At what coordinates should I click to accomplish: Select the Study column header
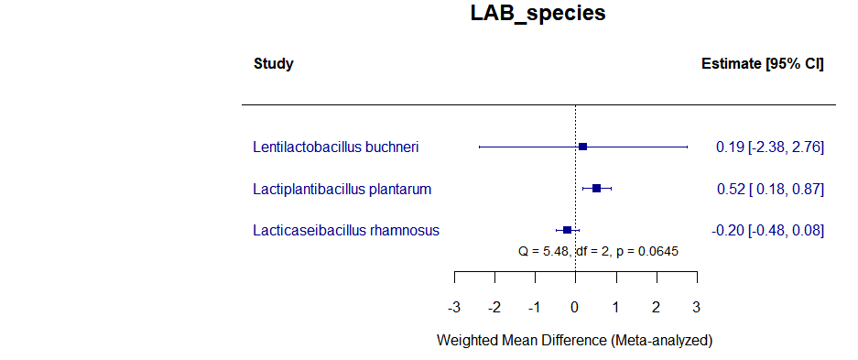coord(273,64)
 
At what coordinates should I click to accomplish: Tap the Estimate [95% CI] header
coord(762,64)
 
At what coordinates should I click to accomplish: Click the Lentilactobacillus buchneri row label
coord(337,147)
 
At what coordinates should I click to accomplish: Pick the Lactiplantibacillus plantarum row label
coord(342,189)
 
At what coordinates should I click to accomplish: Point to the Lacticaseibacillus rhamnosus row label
coord(346,230)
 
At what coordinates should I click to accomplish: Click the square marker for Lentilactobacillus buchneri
coord(582,147)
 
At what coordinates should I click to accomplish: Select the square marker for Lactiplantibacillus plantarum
coord(596,189)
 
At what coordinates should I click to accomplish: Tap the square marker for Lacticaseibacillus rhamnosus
coord(567,230)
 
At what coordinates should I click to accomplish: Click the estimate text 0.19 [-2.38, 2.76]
coord(770,147)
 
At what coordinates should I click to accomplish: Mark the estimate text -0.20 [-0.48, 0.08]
coord(770,230)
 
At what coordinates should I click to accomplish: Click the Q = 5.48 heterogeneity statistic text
coord(598,250)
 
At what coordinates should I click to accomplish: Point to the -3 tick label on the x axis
coord(453,306)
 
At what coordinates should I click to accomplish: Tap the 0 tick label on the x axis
coord(575,306)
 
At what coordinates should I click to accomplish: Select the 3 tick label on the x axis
coord(697,306)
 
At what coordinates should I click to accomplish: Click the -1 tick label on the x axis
coord(534,306)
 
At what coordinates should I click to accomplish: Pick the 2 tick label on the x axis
coord(657,306)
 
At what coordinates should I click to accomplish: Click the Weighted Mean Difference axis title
coord(574,340)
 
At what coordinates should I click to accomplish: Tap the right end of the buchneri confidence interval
coord(687,147)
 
